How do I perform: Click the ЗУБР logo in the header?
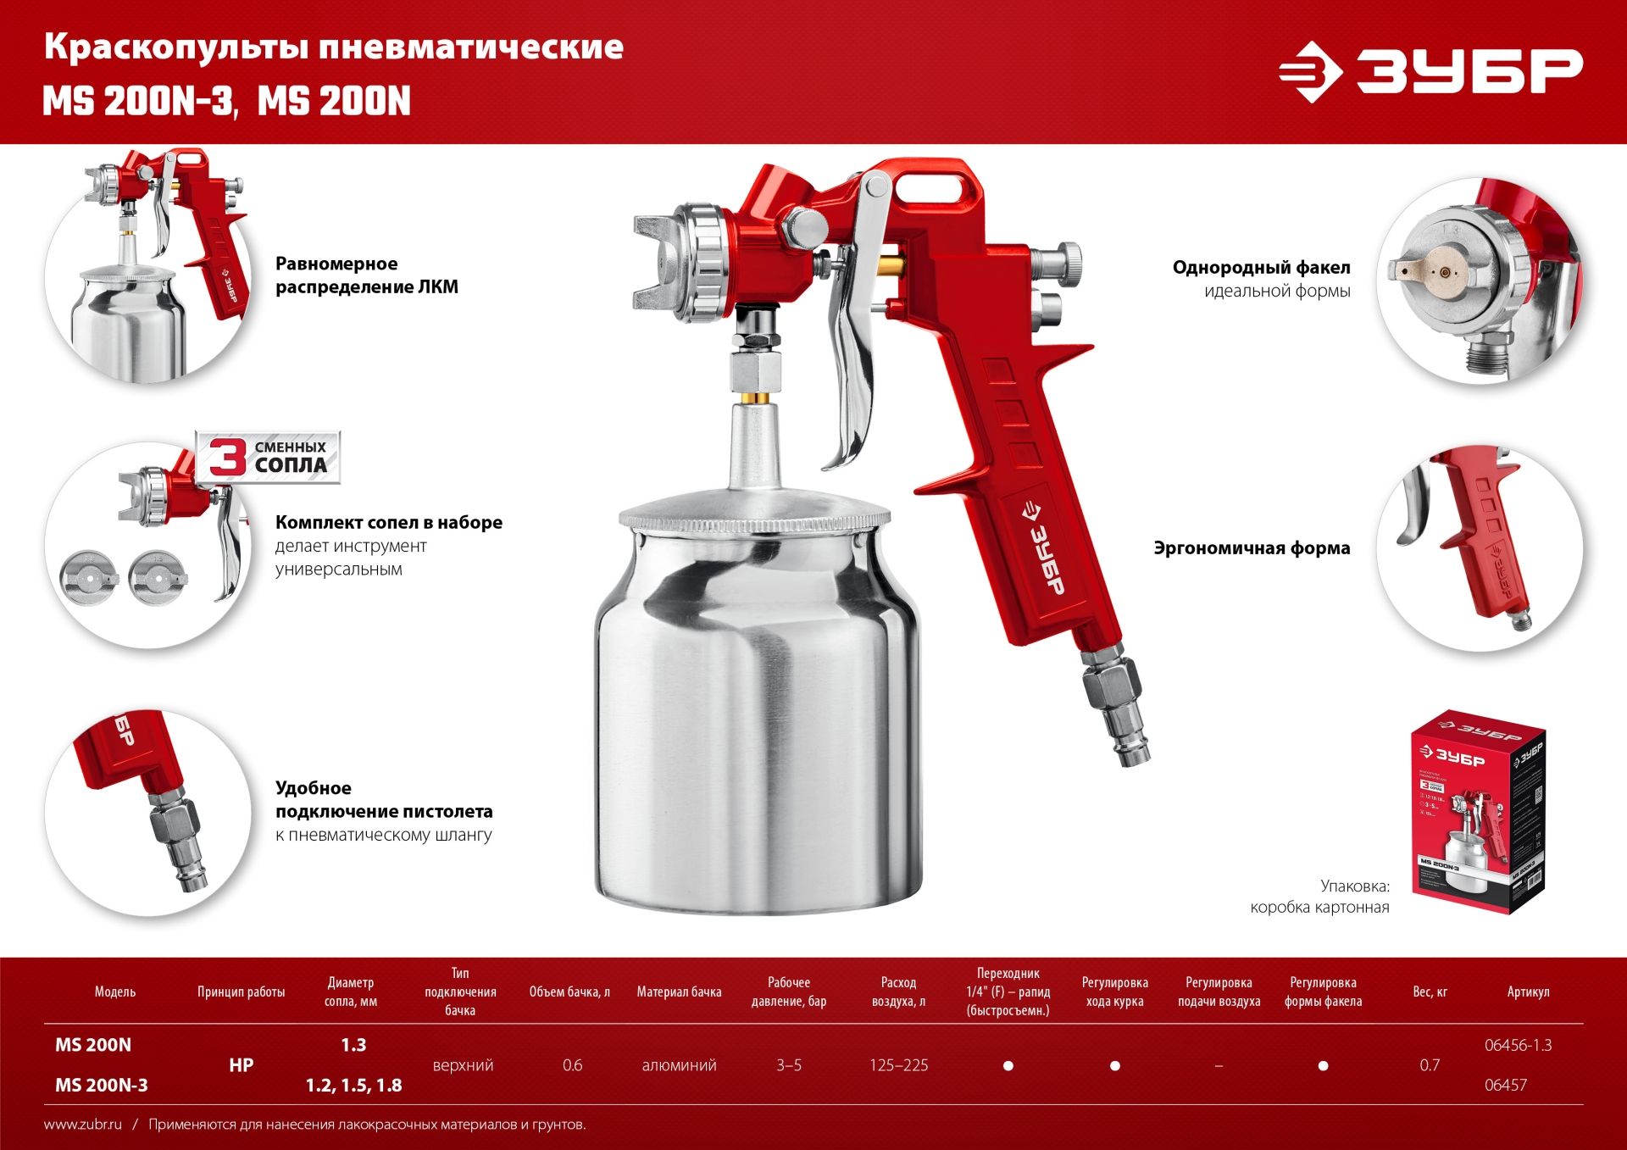click(1430, 71)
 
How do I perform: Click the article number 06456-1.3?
click(1518, 1045)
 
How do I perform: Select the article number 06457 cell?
click(1505, 1085)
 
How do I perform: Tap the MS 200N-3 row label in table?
click(102, 1085)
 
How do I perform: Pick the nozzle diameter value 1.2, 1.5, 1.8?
click(353, 1085)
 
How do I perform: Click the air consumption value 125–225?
click(898, 1065)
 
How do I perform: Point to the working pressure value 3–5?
click(788, 1065)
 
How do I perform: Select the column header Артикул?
click(1528, 992)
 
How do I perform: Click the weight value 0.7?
click(1430, 1065)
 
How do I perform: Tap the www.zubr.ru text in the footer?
click(83, 1125)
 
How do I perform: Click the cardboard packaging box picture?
click(1479, 814)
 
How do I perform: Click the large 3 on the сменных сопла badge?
click(226, 457)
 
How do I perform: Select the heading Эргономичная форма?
click(1252, 548)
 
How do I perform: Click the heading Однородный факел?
click(1261, 268)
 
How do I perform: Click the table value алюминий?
click(679, 1065)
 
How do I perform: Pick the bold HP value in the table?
click(241, 1065)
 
